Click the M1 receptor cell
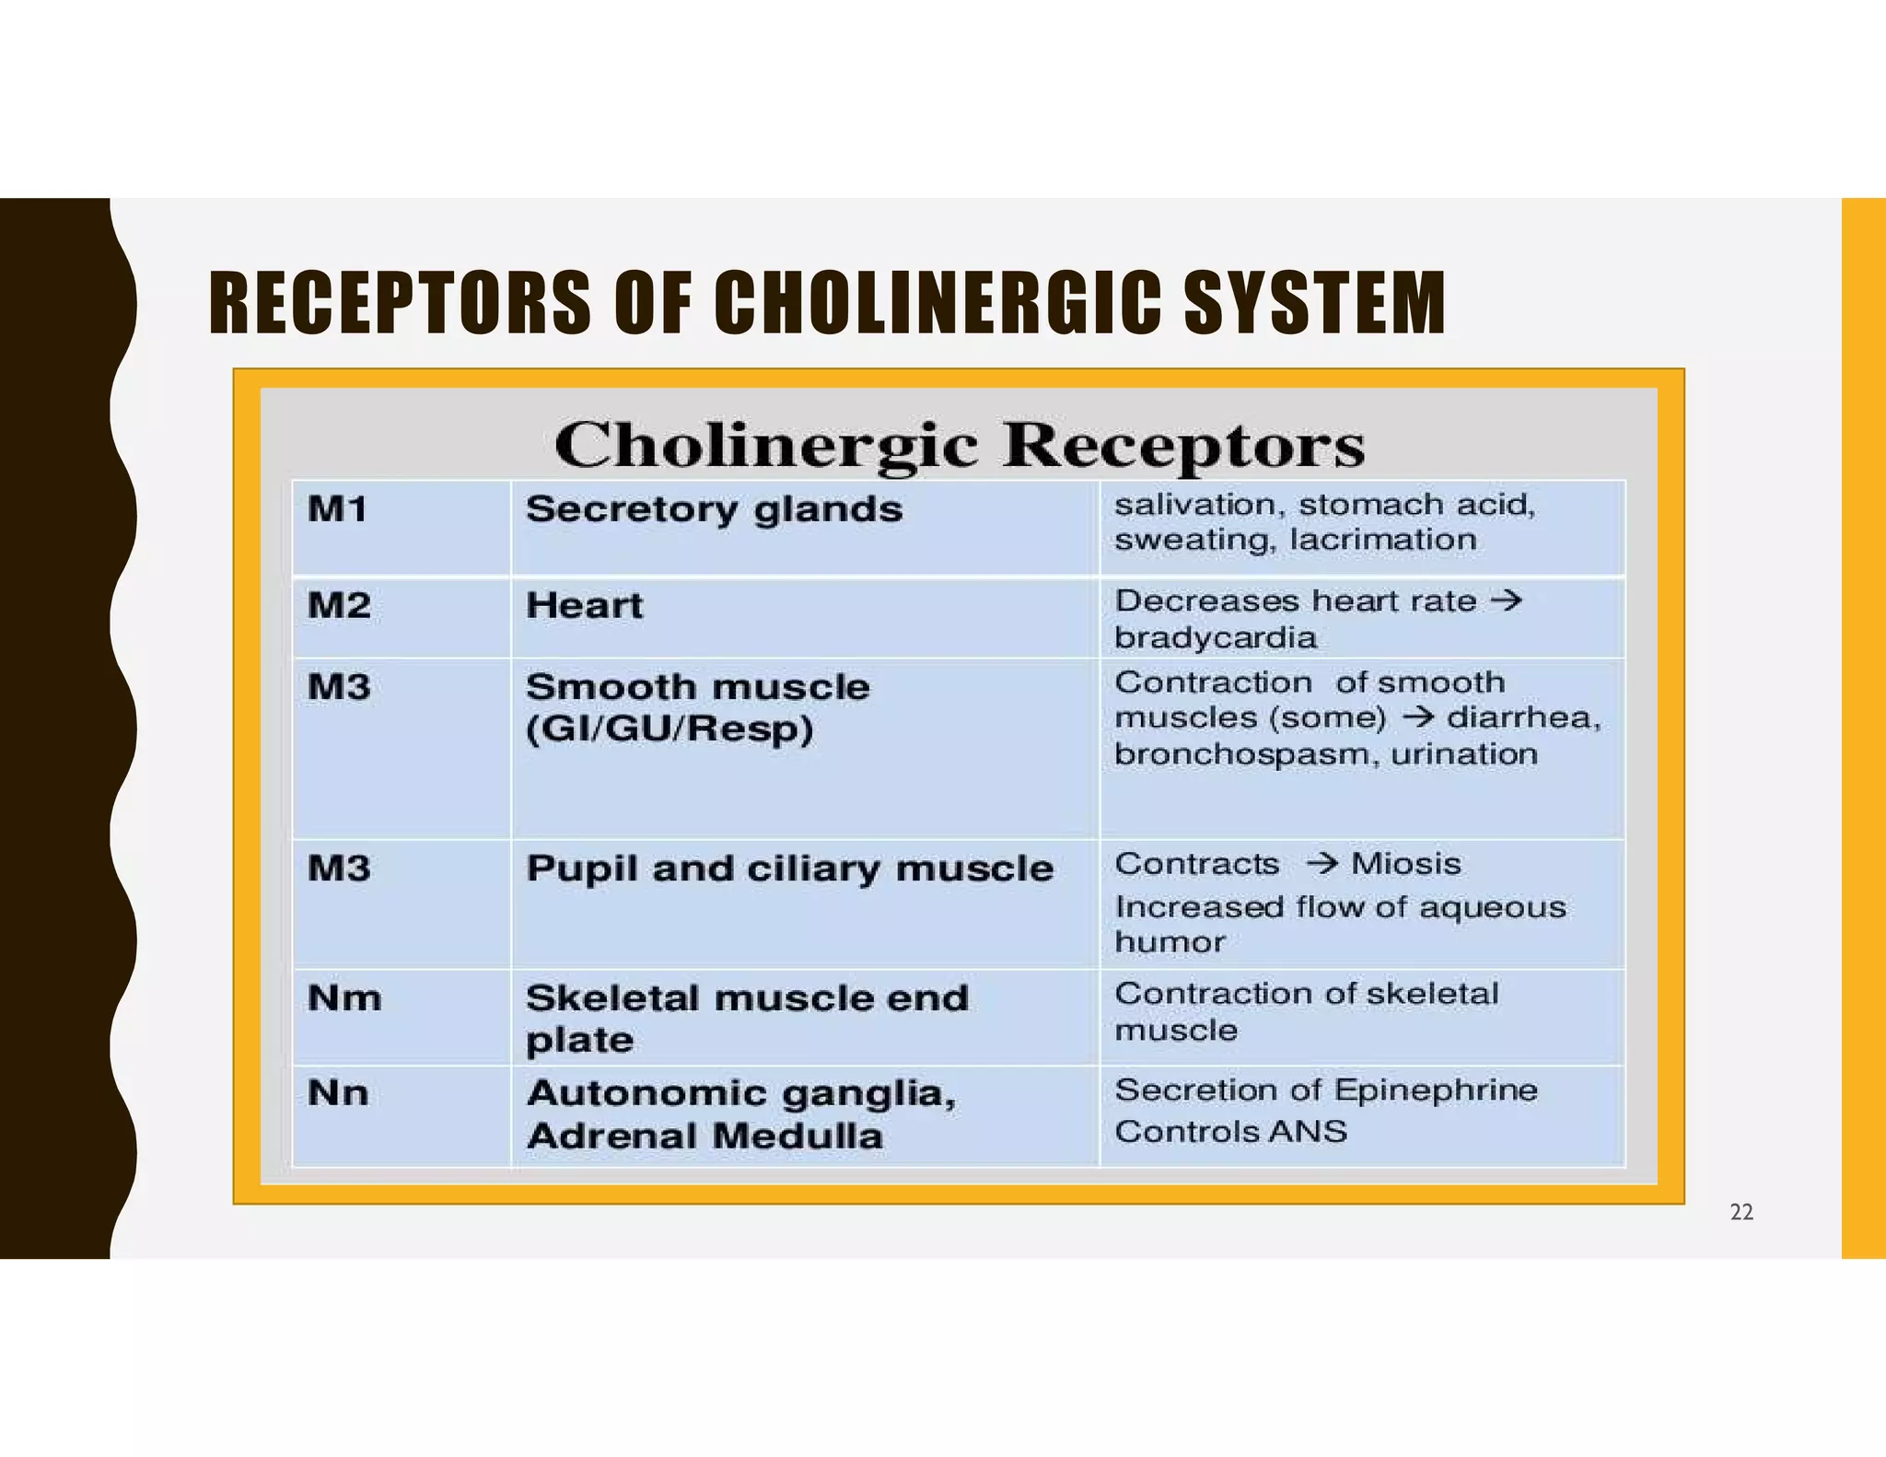click(x=338, y=508)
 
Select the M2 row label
click(x=339, y=605)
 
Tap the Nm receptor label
click(x=344, y=997)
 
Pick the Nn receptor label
click(x=338, y=1093)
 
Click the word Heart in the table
click(x=584, y=605)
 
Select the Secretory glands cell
click(x=714, y=509)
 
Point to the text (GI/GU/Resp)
click(x=669, y=729)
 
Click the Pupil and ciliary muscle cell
click(x=789, y=868)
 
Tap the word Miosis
click(x=1405, y=864)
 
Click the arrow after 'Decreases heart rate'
click(x=1507, y=600)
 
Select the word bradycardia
click(x=1216, y=637)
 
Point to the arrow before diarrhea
click(x=1417, y=717)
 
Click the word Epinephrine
click(x=1436, y=1090)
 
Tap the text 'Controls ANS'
click(x=1231, y=1131)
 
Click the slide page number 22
click(x=1741, y=1212)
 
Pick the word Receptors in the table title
click(x=1183, y=446)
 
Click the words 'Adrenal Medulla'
click(x=704, y=1136)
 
